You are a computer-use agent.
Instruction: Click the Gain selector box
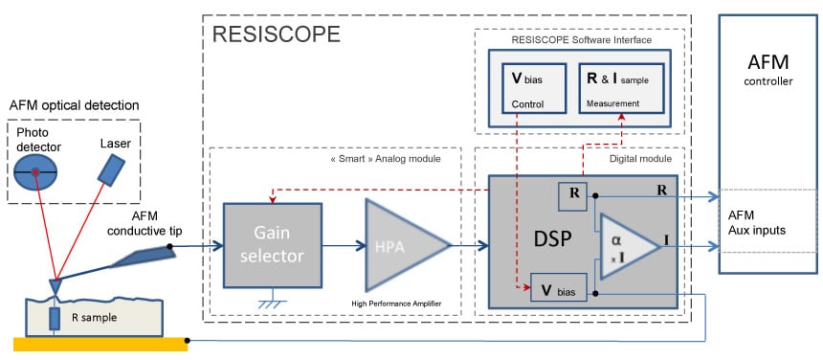pyautogui.click(x=269, y=245)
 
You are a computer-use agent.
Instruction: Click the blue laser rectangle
pyautogui.click(x=113, y=170)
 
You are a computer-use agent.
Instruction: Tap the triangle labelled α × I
pyautogui.click(x=623, y=246)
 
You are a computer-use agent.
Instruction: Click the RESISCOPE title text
pyautogui.click(x=277, y=35)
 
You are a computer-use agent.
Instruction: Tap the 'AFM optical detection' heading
pyautogui.click(x=74, y=104)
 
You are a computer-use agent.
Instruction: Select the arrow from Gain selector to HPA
pyautogui.click(x=339, y=246)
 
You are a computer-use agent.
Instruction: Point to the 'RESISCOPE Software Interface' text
pyautogui.click(x=581, y=40)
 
